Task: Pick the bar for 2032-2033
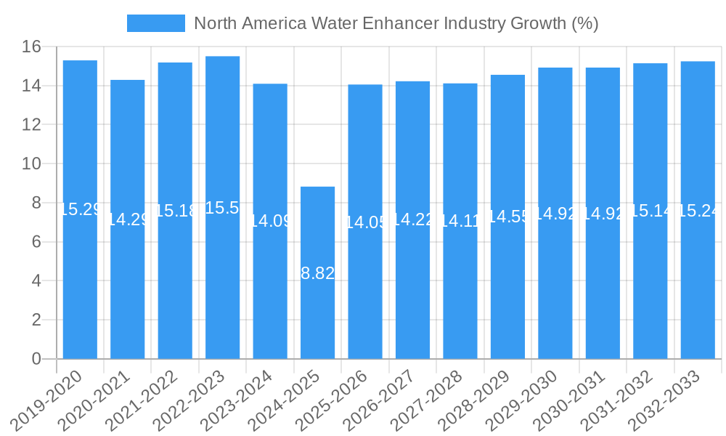tap(698, 210)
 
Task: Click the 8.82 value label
tap(317, 274)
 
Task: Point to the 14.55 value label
tap(507, 217)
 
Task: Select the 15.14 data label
tap(650, 211)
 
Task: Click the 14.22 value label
tap(412, 219)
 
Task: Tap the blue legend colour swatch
tap(156, 23)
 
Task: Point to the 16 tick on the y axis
tap(31, 47)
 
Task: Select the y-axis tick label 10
tap(31, 164)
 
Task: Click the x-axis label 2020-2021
tap(99, 399)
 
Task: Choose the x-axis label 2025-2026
tap(336, 399)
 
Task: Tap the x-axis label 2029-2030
tap(526, 399)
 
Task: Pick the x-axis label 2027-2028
tap(431, 399)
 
